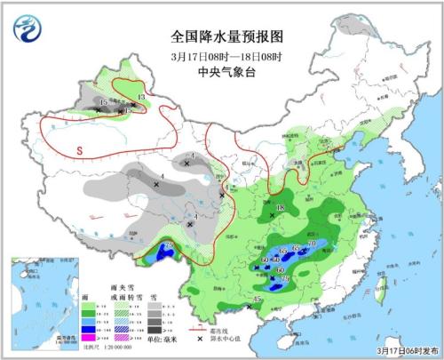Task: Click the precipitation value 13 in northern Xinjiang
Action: tap(141, 96)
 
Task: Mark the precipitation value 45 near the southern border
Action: tap(258, 300)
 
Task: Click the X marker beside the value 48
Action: tap(272, 215)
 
